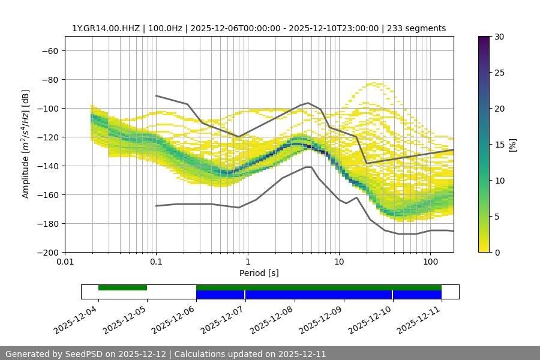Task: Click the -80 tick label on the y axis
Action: click(49, 79)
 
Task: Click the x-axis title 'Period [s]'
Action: click(259, 273)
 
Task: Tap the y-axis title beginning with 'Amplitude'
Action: click(26, 144)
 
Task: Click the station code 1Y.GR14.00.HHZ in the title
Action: click(106, 28)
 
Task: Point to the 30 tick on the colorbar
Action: click(499, 37)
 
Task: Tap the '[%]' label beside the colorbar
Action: click(512, 145)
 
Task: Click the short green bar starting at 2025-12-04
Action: click(122, 287)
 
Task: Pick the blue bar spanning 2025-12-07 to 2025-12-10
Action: click(319, 295)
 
